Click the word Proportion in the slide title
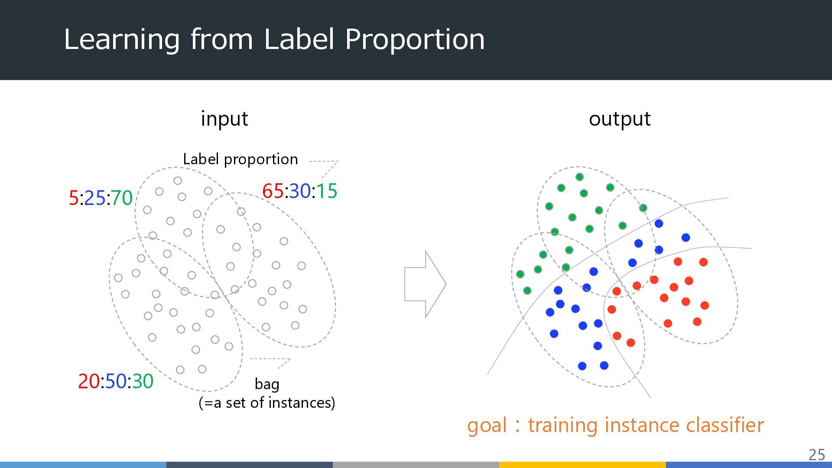pyautogui.click(x=415, y=39)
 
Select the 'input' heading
pyautogui.click(x=224, y=119)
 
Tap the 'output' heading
pyautogui.click(x=620, y=119)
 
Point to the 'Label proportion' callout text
pyautogui.click(x=240, y=159)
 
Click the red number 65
pyautogui.click(x=273, y=191)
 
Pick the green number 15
pyautogui.click(x=327, y=191)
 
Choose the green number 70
pyautogui.click(x=122, y=198)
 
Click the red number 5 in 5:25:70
pyautogui.click(x=74, y=198)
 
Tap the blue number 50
pyautogui.click(x=116, y=381)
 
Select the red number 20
pyautogui.click(x=89, y=381)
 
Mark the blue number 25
pyautogui.click(x=95, y=198)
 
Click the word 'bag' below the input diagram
pyautogui.click(x=267, y=384)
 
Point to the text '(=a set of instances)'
pyautogui.click(x=267, y=403)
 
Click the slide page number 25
pyautogui.click(x=817, y=455)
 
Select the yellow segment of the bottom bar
pyautogui.click(x=582, y=465)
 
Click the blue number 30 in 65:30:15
pyautogui.click(x=300, y=191)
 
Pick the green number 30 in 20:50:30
pyautogui.click(x=143, y=381)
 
